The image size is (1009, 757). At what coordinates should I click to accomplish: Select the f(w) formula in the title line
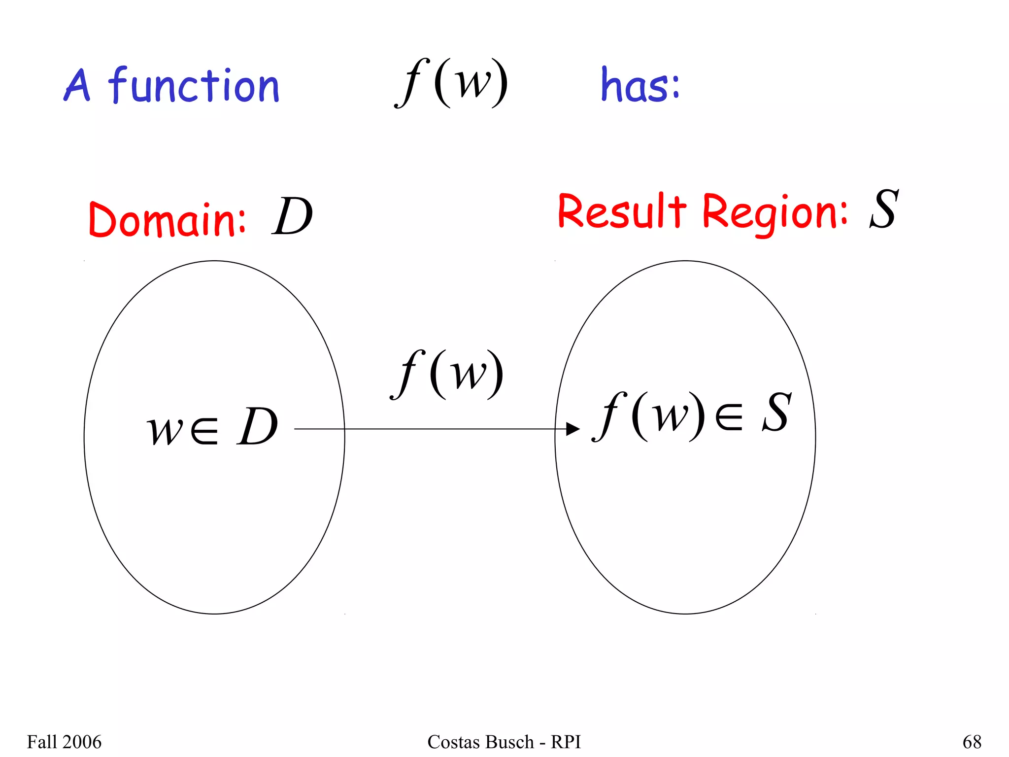[451, 82]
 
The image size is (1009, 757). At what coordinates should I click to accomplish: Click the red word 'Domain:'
[167, 219]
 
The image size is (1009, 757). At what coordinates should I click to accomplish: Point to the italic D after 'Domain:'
[292, 217]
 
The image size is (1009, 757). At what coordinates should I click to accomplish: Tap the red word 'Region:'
[774, 213]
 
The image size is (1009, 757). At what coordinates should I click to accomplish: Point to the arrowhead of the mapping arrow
[572, 429]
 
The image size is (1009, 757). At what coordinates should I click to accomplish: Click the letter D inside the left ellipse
[257, 427]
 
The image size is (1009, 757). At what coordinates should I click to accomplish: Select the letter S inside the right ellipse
[777, 413]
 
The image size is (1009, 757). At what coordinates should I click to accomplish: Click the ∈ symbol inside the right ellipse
[729, 417]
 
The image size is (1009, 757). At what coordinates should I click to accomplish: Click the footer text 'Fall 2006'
[64, 742]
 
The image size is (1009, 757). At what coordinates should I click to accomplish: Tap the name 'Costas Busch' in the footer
[480, 742]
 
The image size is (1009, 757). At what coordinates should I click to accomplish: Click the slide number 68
[972, 742]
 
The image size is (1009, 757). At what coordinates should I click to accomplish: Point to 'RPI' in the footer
[566, 742]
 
